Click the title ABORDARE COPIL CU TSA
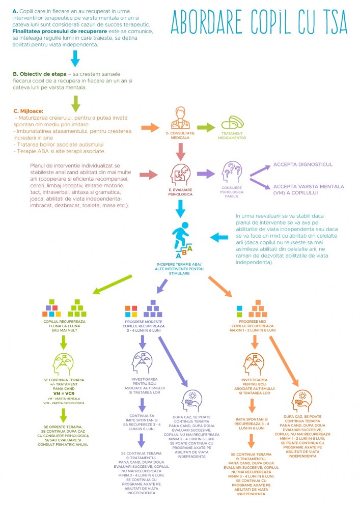click(x=260, y=21)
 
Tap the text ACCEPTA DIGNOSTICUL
click(x=302, y=164)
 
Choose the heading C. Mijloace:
click(x=32, y=110)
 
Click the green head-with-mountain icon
click(x=64, y=364)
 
